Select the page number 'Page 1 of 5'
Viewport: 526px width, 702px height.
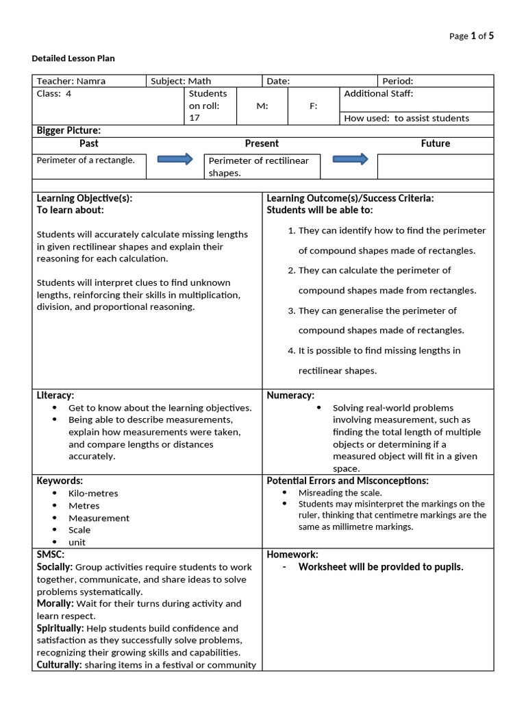471,36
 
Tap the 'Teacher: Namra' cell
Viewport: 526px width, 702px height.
71,81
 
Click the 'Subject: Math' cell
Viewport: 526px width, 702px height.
181,81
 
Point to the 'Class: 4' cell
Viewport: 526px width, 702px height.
54,94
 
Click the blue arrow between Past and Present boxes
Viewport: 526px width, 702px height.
175,160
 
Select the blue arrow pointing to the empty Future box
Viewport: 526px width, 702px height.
350,159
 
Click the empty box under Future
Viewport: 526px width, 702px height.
435,167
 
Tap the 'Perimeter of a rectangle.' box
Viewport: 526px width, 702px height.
86,160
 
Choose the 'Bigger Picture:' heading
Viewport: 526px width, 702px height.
68,130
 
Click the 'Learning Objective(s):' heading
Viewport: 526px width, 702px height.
84,198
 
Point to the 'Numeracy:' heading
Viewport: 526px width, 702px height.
290,396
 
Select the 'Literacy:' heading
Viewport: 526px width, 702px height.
55,396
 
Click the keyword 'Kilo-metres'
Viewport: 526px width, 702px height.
93,494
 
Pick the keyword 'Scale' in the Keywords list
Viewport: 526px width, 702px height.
79,530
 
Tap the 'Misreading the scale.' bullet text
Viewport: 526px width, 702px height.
340,493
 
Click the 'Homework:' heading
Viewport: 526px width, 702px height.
292,555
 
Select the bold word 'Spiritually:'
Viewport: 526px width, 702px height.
60,628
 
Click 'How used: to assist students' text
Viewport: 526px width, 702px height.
406,118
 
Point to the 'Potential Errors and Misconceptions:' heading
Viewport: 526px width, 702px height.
347,481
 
